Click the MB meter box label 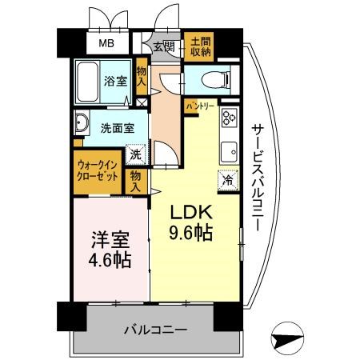coord(106,43)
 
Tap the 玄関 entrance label coord(164,47)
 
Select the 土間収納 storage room coord(199,46)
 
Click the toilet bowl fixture coord(216,80)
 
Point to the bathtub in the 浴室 coord(87,82)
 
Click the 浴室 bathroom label coord(115,81)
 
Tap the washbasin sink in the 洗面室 coord(82,123)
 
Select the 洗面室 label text coord(118,129)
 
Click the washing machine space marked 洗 coord(136,154)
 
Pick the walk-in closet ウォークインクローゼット coord(98,172)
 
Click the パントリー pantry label coord(200,106)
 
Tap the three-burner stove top coord(230,117)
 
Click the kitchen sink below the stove coord(229,152)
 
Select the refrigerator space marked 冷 coord(228,180)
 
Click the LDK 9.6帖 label coord(191,222)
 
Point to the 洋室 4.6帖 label coord(110,250)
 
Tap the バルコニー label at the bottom coord(156,330)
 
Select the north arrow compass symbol coord(287,338)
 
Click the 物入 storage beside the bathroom coord(142,77)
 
